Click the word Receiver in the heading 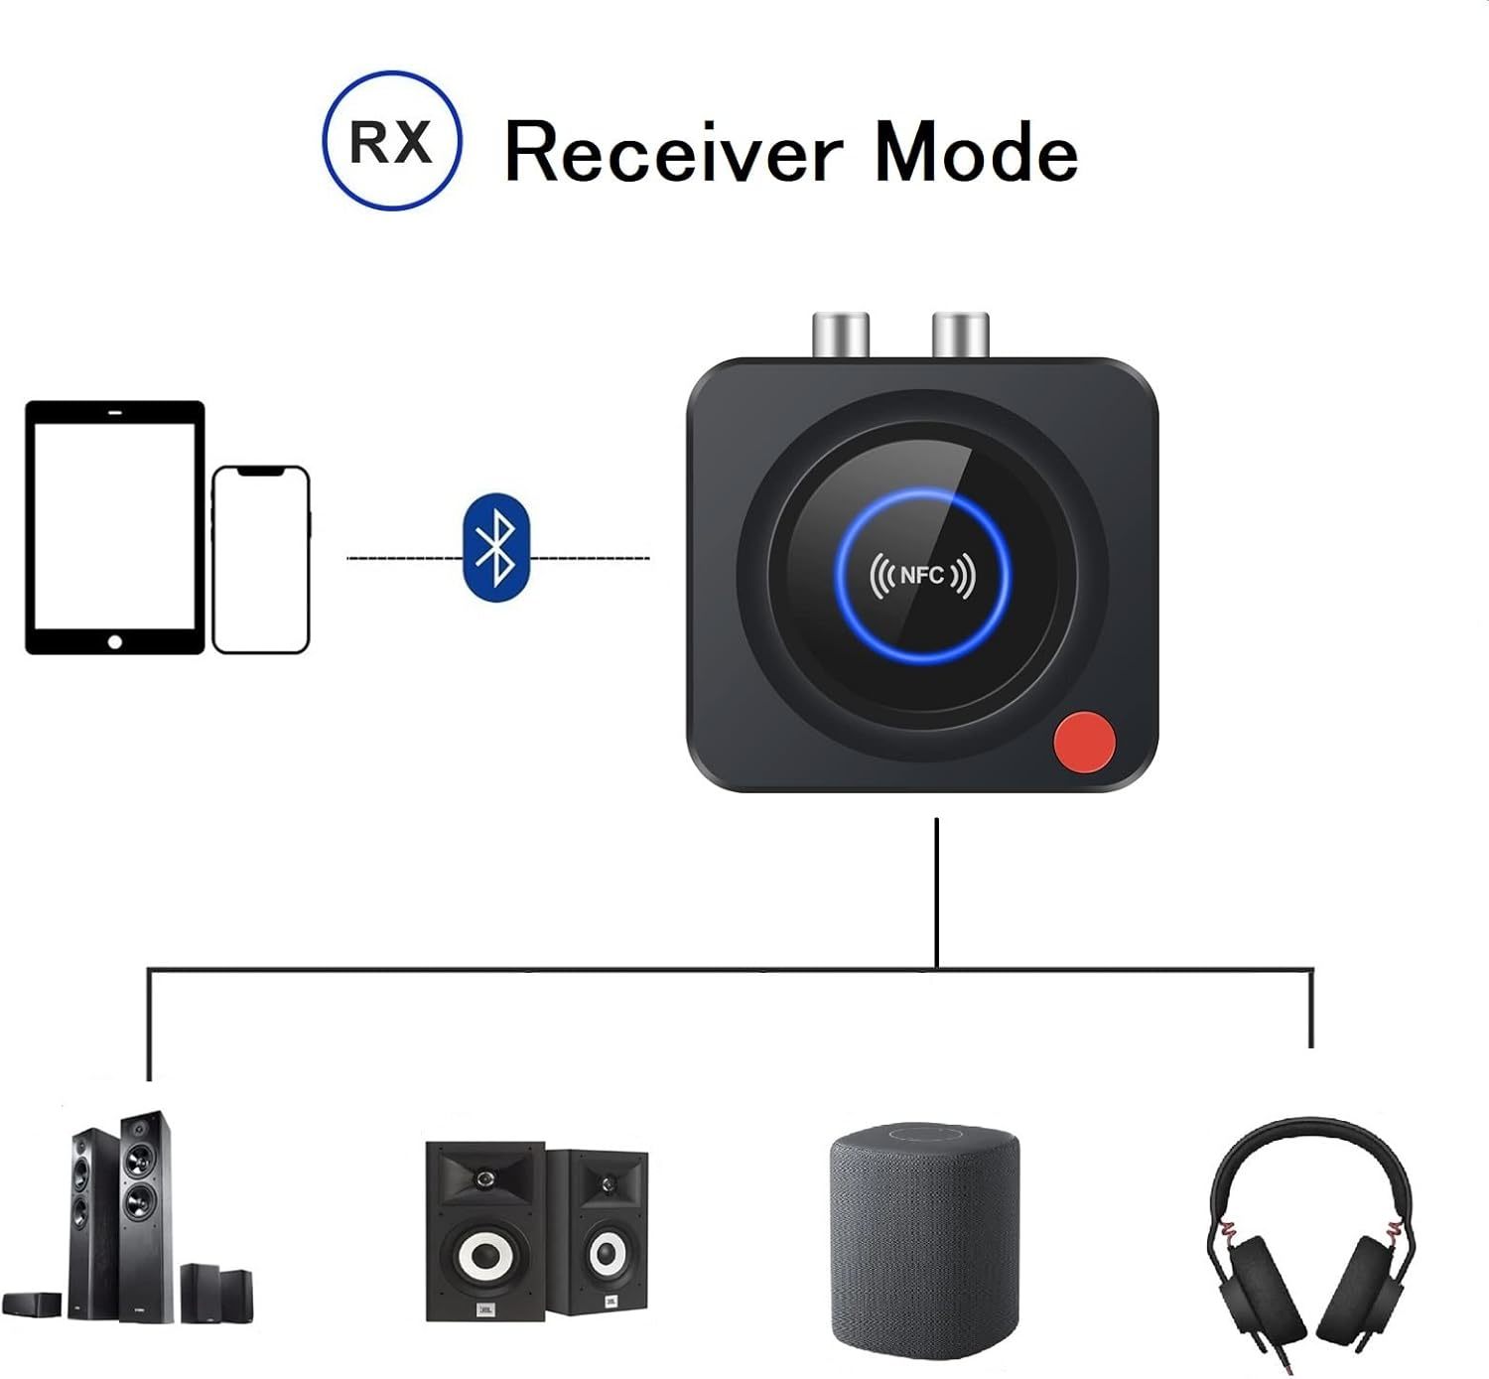[x=674, y=152]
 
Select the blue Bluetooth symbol [x=496, y=547]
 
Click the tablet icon [x=115, y=527]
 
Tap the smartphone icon [x=261, y=559]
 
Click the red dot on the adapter [x=1084, y=742]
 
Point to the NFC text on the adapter [x=921, y=576]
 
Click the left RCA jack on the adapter [x=841, y=335]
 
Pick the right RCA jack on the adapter [x=961, y=335]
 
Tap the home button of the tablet [x=115, y=642]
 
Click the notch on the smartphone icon [x=261, y=471]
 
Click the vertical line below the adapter [x=936, y=894]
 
